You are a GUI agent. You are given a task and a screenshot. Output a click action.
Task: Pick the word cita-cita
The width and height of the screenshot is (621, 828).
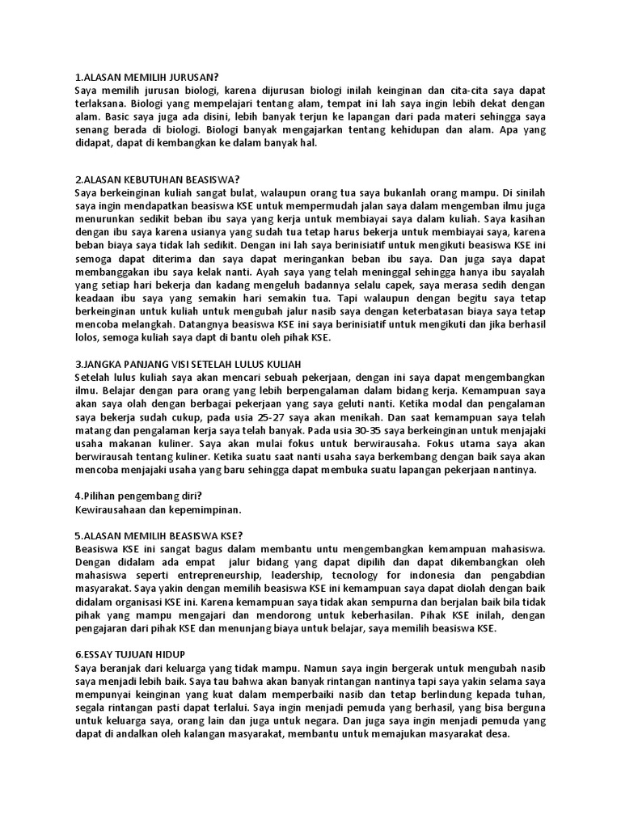[467, 91]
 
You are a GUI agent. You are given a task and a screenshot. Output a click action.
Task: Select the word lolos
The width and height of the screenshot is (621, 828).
[87, 339]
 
